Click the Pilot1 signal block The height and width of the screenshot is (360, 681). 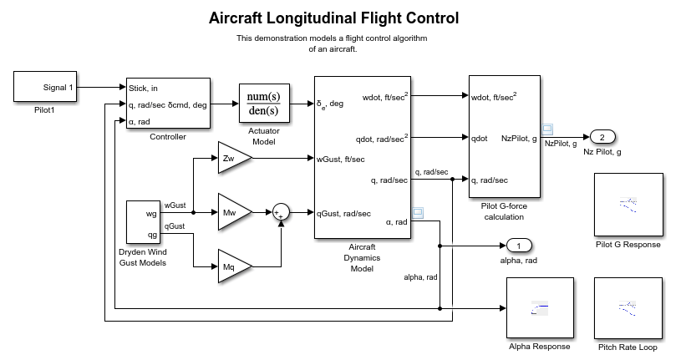[x=47, y=87]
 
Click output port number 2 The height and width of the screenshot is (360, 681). [x=602, y=137]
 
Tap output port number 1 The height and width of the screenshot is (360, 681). [x=519, y=246]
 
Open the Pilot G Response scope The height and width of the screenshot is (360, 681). [x=627, y=204]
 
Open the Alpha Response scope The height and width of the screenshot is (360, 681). [x=539, y=308]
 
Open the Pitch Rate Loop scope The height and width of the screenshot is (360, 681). [x=627, y=308]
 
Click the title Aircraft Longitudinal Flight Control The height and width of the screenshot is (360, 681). [x=334, y=18]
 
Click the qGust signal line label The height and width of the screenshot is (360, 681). [x=174, y=226]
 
